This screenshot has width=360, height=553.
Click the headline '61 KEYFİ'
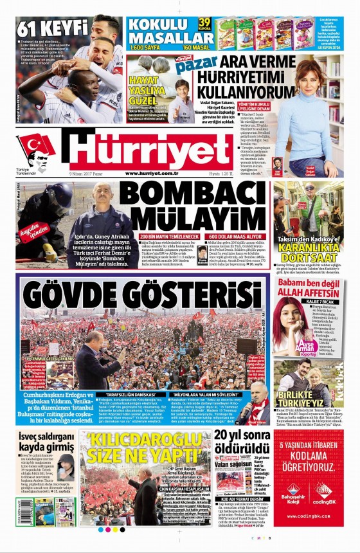point(52,28)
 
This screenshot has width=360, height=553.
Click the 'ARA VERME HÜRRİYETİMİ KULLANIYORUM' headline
point(244,73)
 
